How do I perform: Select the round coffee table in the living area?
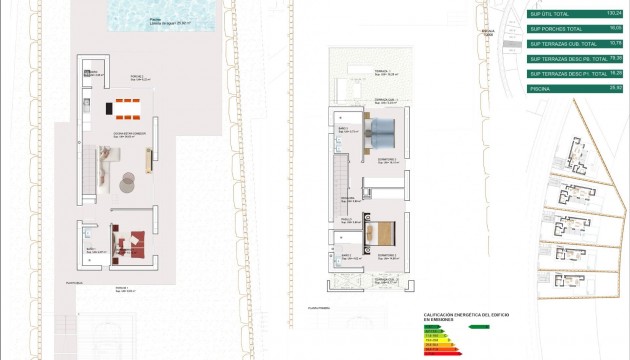click(x=128, y=180)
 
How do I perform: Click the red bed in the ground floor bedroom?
click(x=130, y=240)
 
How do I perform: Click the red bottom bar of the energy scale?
click(x=437, y=355)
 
